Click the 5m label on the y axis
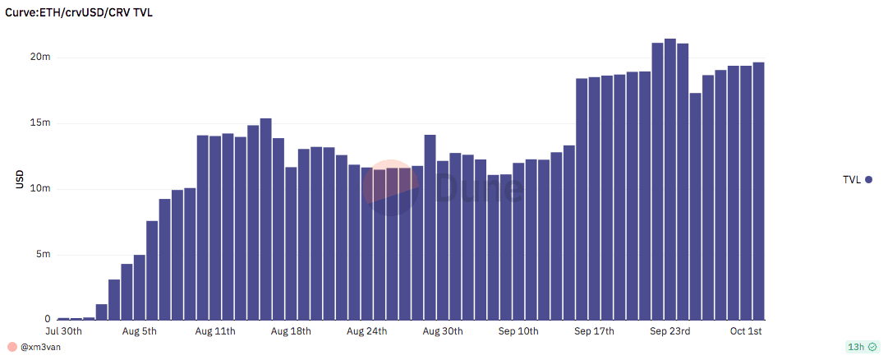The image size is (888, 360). tap(44, 255)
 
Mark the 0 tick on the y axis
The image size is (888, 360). tap(48, 319)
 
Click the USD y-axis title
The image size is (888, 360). tap(19, 179)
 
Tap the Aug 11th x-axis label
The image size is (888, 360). tap(216, 331)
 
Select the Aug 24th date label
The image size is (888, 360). tap(366, 331)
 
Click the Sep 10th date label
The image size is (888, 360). tap(518, 331)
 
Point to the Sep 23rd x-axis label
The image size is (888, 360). tap(669, 331)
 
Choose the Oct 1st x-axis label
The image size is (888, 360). tap(746, 331)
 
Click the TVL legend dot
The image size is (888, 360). tap(868, 179)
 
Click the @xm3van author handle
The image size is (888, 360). tap(41, 347)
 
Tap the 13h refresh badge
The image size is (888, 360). tap(862, 347)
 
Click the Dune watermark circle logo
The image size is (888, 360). tap(391, 187)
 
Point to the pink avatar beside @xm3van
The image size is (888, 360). tap(12, 347)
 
